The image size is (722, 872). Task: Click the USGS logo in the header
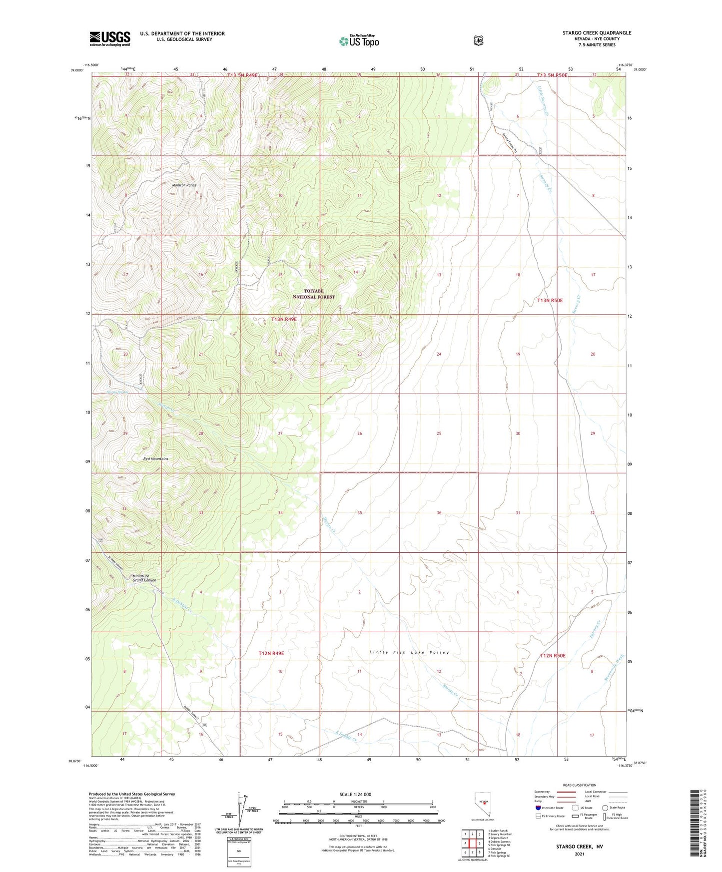[110, 38]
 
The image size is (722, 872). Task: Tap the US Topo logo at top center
[359, 40]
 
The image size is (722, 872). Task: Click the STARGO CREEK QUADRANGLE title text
[597, 33]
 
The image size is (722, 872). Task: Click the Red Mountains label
[155, 458]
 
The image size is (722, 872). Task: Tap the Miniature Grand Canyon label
[144, 578]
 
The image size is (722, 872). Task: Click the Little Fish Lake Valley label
[409, 652]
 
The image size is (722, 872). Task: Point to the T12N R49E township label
[271, 653]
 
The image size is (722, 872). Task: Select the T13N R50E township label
[550, 300]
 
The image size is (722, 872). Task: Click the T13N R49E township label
[284, 319]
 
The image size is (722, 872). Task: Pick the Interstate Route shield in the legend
[538, 808]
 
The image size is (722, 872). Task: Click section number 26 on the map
[359, 434]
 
